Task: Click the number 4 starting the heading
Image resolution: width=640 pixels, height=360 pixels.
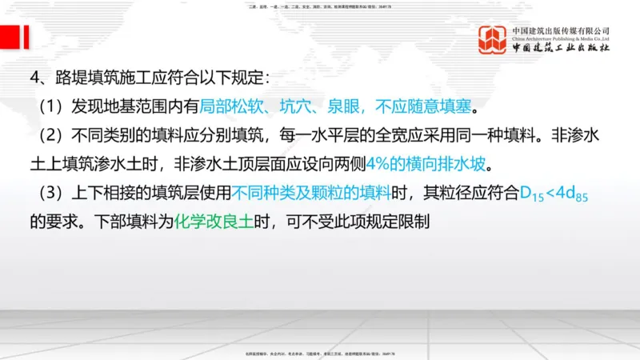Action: pos(34,78)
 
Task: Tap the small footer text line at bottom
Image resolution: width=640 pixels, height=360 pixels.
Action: pos(319,353)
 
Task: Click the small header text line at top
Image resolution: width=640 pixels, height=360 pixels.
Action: pos(319,6)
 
